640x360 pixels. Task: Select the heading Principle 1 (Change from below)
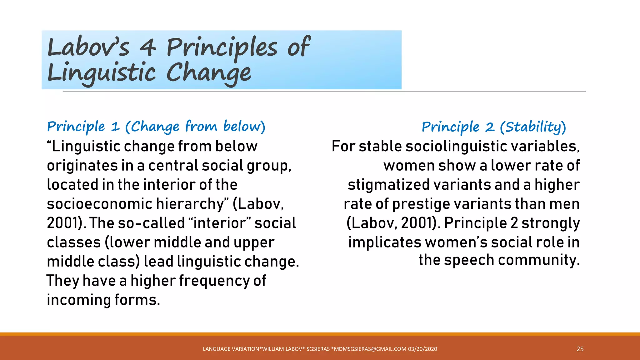point(156,127)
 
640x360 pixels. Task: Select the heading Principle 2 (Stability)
point(494,127)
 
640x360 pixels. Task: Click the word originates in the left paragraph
point(82,166)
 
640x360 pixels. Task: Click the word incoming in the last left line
point(78,300)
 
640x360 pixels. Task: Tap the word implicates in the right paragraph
point(385,242)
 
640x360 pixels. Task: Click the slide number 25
point(580,349)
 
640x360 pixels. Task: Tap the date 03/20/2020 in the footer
point(422,349)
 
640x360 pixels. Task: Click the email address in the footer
point(370,349)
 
